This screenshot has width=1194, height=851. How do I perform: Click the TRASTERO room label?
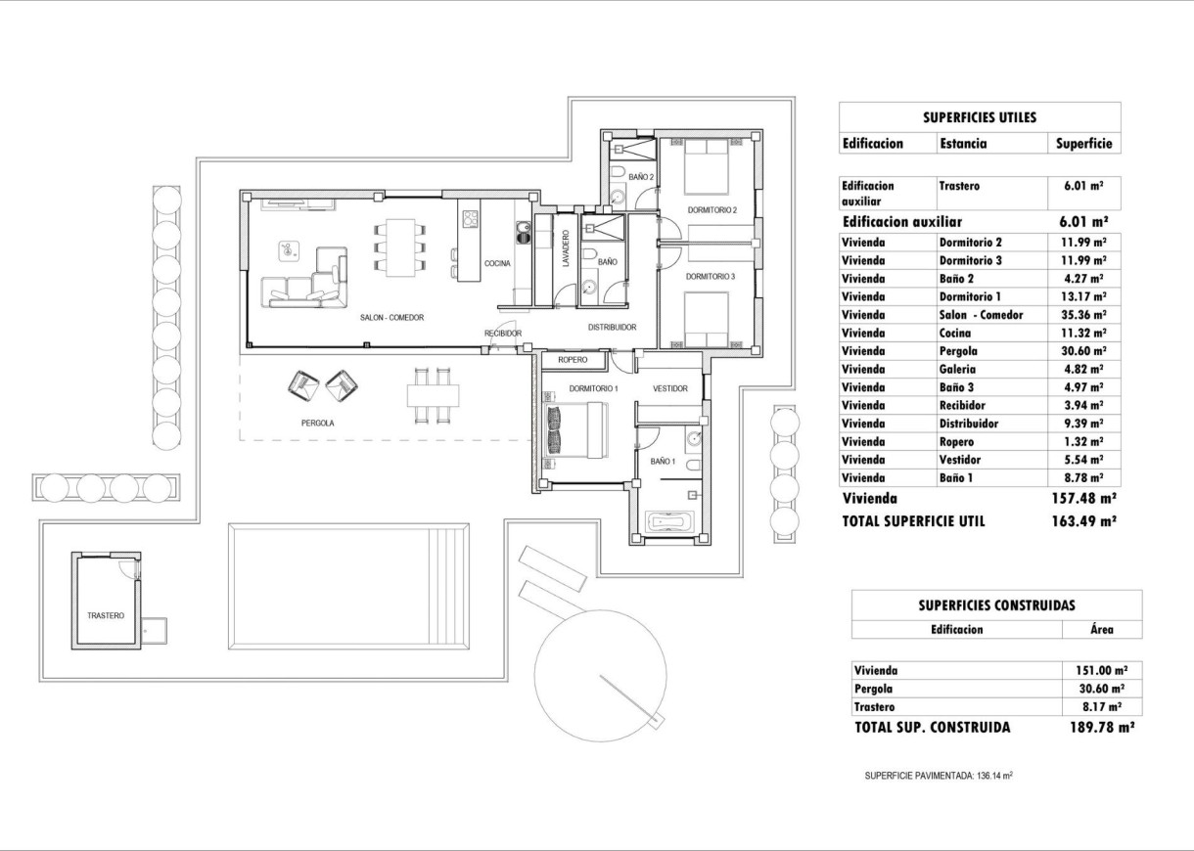tap(106, 615)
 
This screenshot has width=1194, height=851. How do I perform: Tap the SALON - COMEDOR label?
tap(390, 317)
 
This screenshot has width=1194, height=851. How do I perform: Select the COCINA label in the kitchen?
tap(496, 263)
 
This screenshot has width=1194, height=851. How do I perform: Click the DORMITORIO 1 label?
tap(593, 388)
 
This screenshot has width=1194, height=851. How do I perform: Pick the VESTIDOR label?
tap(670, 388)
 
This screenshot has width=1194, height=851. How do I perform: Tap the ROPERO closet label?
tap(573, 360)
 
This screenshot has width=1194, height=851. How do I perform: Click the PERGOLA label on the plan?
tap(318, 424)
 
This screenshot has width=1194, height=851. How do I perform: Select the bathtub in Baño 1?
tap(669, 522)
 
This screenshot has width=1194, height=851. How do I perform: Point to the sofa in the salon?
tap(303, 284)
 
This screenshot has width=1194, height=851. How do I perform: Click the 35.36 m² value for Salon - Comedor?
tap(1084, 315)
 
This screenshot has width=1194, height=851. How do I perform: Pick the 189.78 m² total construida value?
tap(1102, 728)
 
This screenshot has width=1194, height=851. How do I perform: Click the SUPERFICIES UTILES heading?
tap(980, 117)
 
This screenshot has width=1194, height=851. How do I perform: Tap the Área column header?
tap(1102, 630)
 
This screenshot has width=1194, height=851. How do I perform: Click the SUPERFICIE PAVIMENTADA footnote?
tap(938, 776)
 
